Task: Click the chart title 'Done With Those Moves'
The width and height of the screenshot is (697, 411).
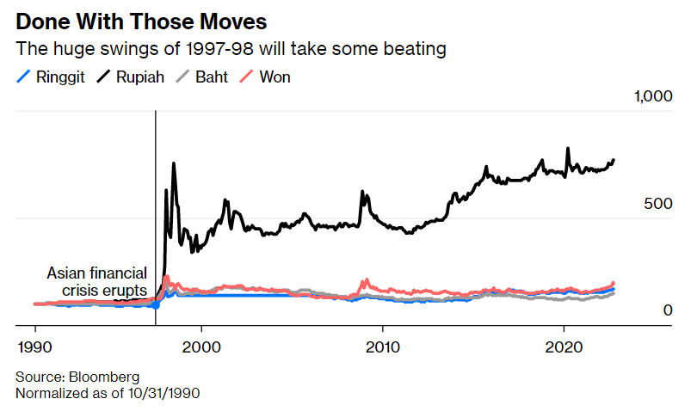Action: [141, 20]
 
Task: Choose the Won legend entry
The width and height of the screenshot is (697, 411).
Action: [268, 77]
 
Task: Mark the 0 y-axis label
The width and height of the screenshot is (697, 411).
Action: [666, 310]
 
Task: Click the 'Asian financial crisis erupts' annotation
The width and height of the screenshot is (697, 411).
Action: [96, 282]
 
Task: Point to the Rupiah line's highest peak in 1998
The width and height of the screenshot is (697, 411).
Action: [174, 163]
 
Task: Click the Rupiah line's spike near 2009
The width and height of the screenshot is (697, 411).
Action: [363, 192]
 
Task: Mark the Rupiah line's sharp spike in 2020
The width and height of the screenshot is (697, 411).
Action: [568, 149]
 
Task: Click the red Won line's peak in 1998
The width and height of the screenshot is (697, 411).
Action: [166, 278]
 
